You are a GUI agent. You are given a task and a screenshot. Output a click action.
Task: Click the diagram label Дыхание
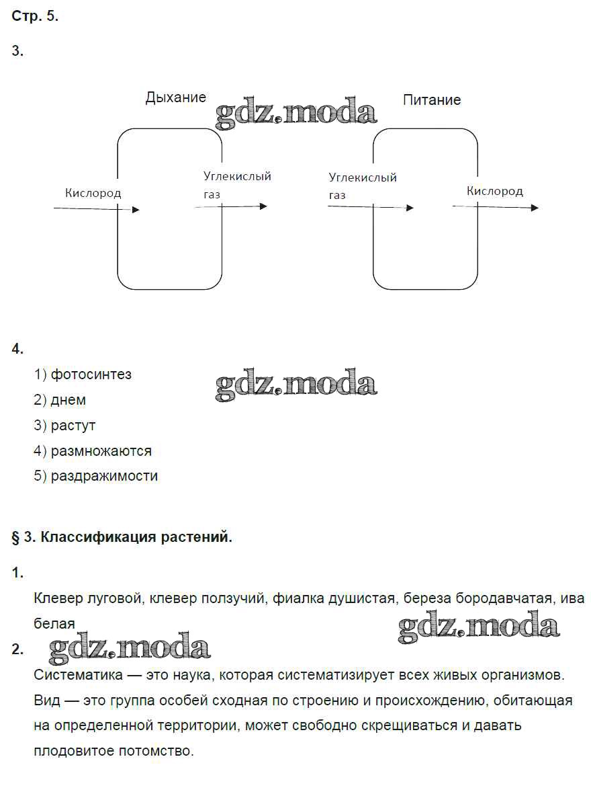click(x=176, y=97)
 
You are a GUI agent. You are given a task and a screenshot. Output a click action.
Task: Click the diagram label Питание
click(x=432, y=100)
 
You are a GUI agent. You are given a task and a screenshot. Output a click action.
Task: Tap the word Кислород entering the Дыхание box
click(x=93, y=193)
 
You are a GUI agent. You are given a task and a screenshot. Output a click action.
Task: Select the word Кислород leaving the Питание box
click(x=495, y=191)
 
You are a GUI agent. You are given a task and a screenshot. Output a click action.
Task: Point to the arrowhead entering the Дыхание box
click(x=136, y=210)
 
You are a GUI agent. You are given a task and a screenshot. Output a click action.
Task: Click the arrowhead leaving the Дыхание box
click(x=263, y=206)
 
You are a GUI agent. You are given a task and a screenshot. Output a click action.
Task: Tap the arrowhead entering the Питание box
click(x=410, y=208)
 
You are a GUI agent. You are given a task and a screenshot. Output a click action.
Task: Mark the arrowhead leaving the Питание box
click(x=535, y=208)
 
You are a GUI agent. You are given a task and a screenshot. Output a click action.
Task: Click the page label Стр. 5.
click(x=36, y=17)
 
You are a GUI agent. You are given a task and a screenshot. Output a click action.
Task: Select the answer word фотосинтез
click(x=91, y=374)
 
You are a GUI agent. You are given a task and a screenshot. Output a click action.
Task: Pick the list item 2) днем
click(x=60, y=400)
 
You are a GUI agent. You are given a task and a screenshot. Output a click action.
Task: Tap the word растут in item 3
click(x=73, y=426)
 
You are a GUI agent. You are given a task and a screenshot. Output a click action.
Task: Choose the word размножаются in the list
click(x=101, y=450)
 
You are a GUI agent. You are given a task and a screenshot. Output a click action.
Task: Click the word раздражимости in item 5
click(x=104, y=476)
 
